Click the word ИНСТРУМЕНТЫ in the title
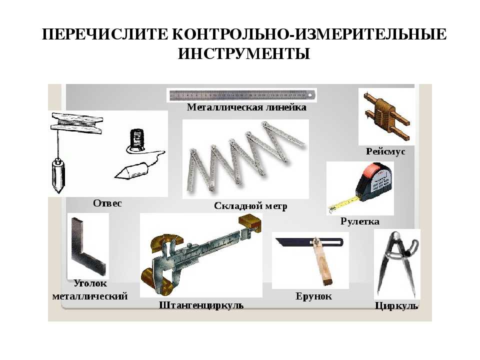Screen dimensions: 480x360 (244, 53)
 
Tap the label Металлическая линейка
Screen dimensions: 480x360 (246, 107)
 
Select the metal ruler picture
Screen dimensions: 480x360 (242, 95)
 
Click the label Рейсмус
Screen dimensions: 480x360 (385, 151)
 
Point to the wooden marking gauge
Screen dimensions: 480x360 (386, 116)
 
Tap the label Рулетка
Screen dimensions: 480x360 (359, 221)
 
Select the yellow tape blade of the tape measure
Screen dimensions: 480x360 (344, 204)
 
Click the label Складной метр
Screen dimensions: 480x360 (250, 206)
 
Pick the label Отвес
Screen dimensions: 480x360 (107, 203)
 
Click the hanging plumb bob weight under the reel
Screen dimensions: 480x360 (58, 175)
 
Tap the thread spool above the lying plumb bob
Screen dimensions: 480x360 (136, 140)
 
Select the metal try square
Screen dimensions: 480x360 (87, 248)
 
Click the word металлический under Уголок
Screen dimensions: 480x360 (89, 296)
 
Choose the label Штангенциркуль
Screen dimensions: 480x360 (201, 305)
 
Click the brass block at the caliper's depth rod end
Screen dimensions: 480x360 (250, 222)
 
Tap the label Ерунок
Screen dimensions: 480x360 (313, 296)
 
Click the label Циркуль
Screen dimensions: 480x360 (396, 306)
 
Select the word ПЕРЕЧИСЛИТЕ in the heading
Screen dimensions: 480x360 (104, 34)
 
